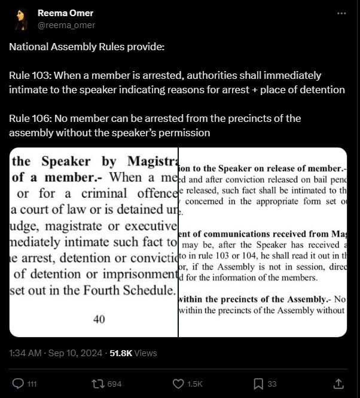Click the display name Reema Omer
[x=65, y=13]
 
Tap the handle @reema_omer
[x=66, y=25]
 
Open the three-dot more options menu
[x=341, y=13]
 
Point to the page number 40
[x=99, y=319]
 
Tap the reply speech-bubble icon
[x=18, y=383]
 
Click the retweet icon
[x=97, y=383]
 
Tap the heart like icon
[x=177, y=383]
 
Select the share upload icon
[x=338, y=383]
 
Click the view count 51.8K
[x=121, y=354]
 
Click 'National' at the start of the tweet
[x=28, y=47]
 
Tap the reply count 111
[x=32, y=384]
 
